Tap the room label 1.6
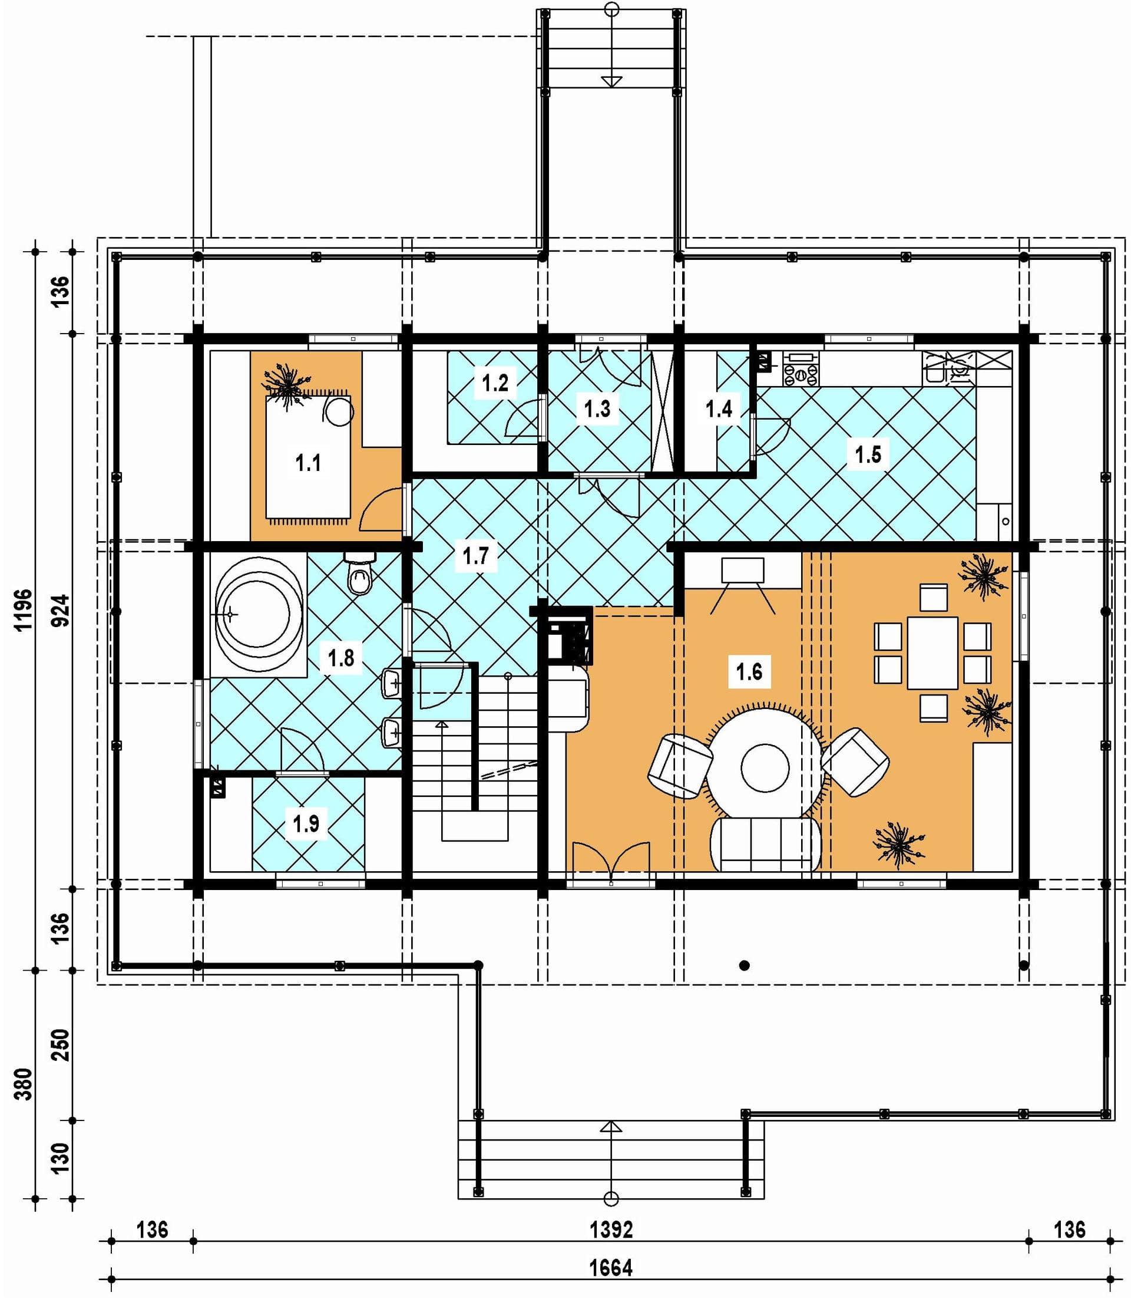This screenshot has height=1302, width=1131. [749, 671]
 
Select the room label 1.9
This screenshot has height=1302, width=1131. [306, 823]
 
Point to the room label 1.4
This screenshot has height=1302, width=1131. [719, 408]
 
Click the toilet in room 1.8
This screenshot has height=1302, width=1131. [360, 573]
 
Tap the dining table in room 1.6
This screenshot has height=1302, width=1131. [933, 652]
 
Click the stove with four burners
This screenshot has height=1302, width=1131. [801, 368]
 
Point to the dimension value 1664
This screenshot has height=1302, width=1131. [611, 1267]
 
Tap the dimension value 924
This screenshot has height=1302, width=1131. [61, 610]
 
